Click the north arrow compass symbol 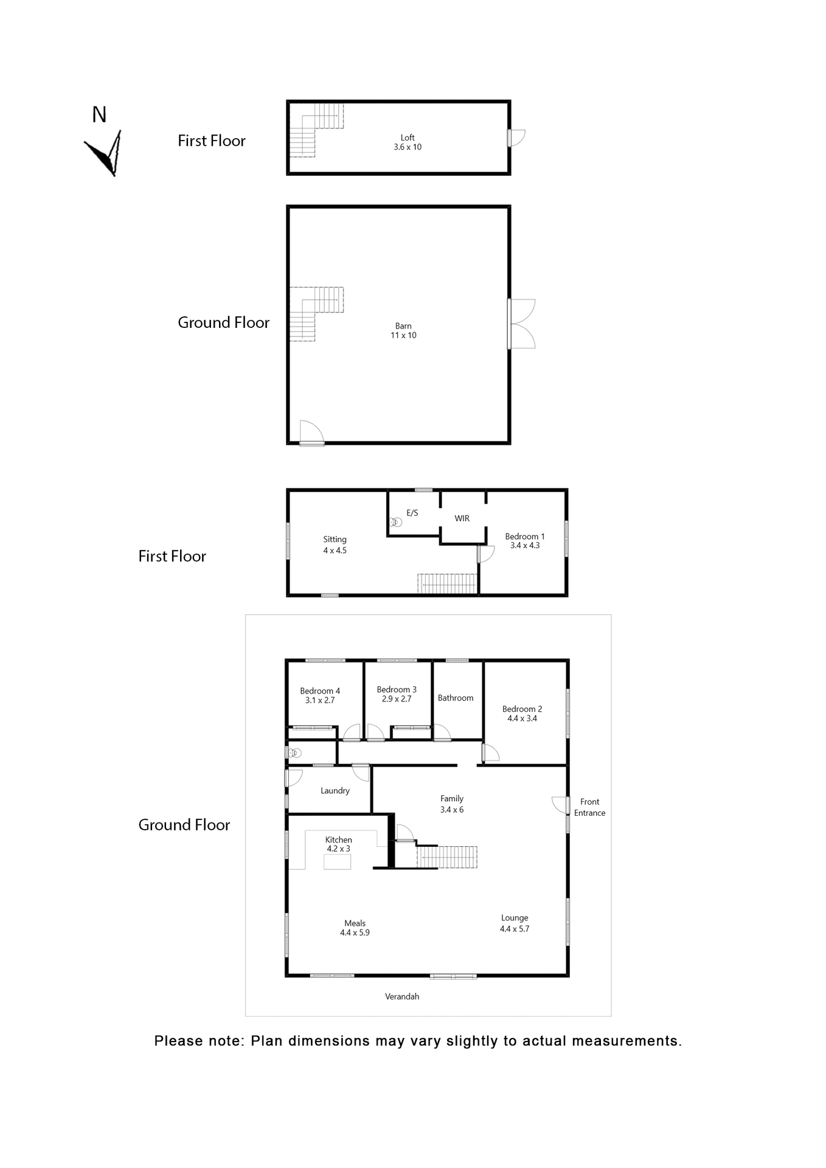tap(105, 153)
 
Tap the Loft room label tap(408, 142)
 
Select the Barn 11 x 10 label tap(403, 331)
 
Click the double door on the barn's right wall tap(522, 324)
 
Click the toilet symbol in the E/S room tap(396, 522)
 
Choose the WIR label tap(462, 518)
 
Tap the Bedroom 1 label tap(525, 541)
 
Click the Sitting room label tap(335, 544)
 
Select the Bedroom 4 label tap(320, 695)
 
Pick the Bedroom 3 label tap(397, 694)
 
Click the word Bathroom tap(456, 698)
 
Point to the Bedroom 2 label tap(522, 714)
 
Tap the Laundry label tap(335, 791)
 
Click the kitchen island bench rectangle tap(338, 862)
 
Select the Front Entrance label tap(589, 807)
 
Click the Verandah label tap(402, 996)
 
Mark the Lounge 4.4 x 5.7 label tap(515, 923)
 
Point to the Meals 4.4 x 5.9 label tap(355, 928)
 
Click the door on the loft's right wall tap(516, 138)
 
